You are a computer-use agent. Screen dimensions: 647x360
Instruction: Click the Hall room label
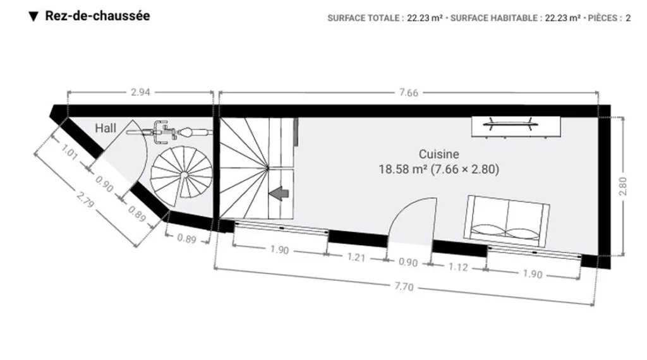pos(106,128)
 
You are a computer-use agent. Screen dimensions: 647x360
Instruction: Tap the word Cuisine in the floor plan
pos(438,154)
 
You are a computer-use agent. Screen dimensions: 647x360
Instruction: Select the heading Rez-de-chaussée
pos(97,16)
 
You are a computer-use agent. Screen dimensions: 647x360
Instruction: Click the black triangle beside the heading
pos(34,16)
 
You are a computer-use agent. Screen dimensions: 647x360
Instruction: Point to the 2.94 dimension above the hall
pos(140,92)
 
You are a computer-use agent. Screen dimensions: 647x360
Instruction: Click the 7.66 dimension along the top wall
pos(409,92)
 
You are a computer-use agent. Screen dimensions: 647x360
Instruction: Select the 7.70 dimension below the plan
pos(404,285)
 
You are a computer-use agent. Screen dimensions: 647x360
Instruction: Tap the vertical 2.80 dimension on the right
pos(622,186)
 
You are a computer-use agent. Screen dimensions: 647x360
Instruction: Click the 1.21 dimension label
pos(356,257)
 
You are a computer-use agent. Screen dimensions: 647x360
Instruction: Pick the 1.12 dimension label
pos(458,267)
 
